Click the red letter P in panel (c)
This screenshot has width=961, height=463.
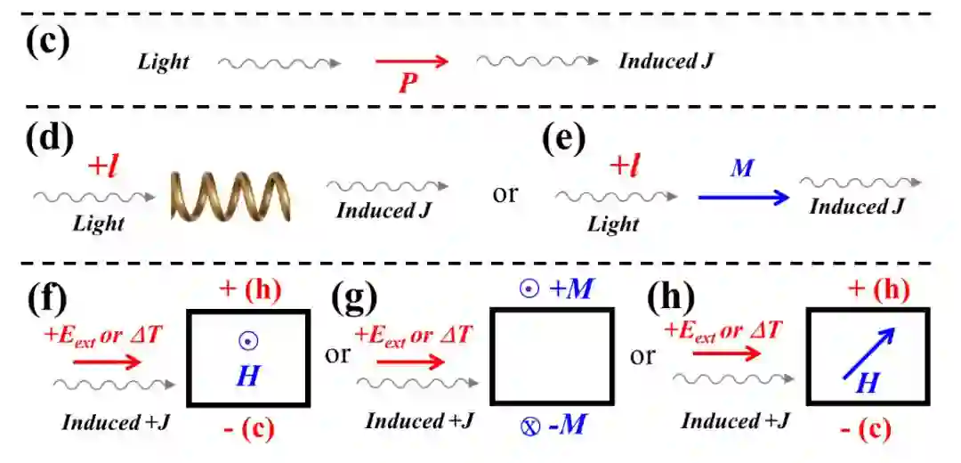coord(408,84)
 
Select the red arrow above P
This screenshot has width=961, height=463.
coord(410,61)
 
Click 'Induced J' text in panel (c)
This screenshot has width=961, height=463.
coord(666,61)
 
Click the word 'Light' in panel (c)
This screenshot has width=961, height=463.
coord(164,61)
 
